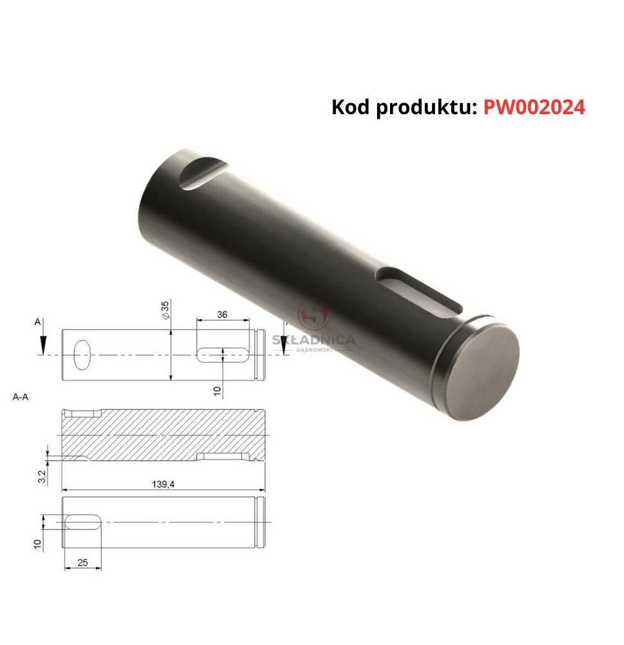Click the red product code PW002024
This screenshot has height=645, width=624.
pyautogui.click(x=534, y=107)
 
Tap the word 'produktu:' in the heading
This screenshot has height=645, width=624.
pyautogui.click(x=426, y=108)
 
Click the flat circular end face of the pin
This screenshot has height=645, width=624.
pyautogui.click(x=482, y=371)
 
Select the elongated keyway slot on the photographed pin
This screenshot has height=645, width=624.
pyautogui.click(x=418, y=292)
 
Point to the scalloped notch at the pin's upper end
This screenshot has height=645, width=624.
pyautogui.click(x=202, y=172)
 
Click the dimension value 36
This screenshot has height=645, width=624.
pyautogui.click(x=222, y=315)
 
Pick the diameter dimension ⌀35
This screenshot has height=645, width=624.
pyautogui.click(x=165, y=310)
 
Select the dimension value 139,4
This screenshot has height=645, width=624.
pyautogui.click(x=163, y=484)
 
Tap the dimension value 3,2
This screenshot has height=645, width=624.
pyautogui.click(x=42, y=477)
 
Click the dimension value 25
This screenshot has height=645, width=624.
pyautogui.click(x=83, y=562)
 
